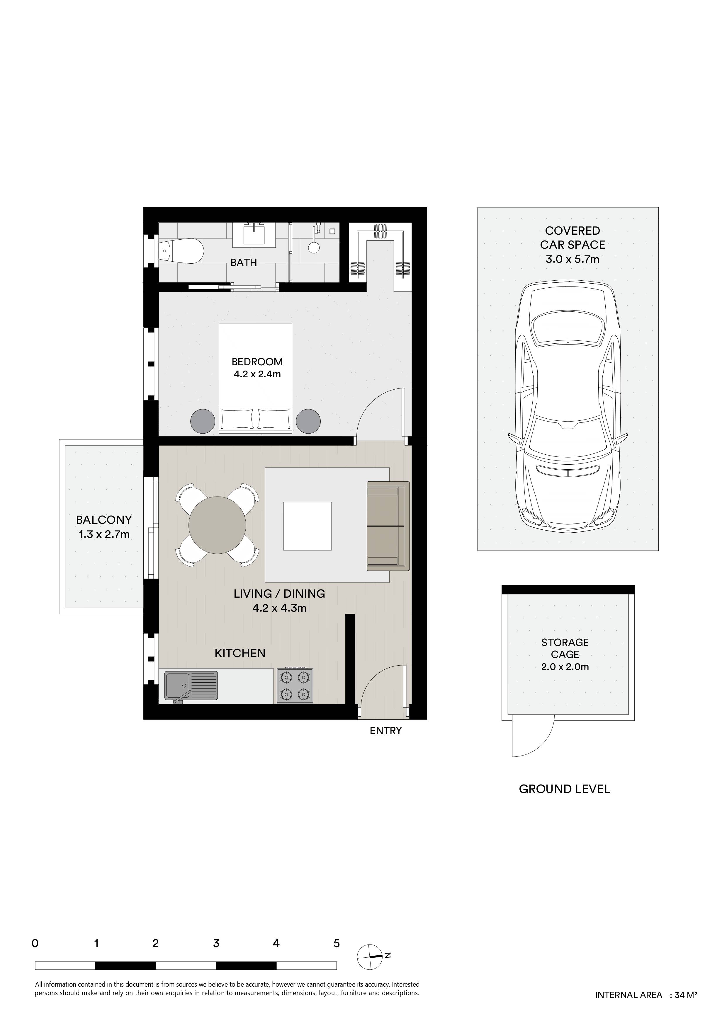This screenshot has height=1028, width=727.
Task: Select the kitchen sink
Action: pos(191,685)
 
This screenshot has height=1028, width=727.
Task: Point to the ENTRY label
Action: pos(385,731)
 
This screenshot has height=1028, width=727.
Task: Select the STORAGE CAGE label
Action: pos(565,648)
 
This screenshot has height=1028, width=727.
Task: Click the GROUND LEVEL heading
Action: pos(564,802)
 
